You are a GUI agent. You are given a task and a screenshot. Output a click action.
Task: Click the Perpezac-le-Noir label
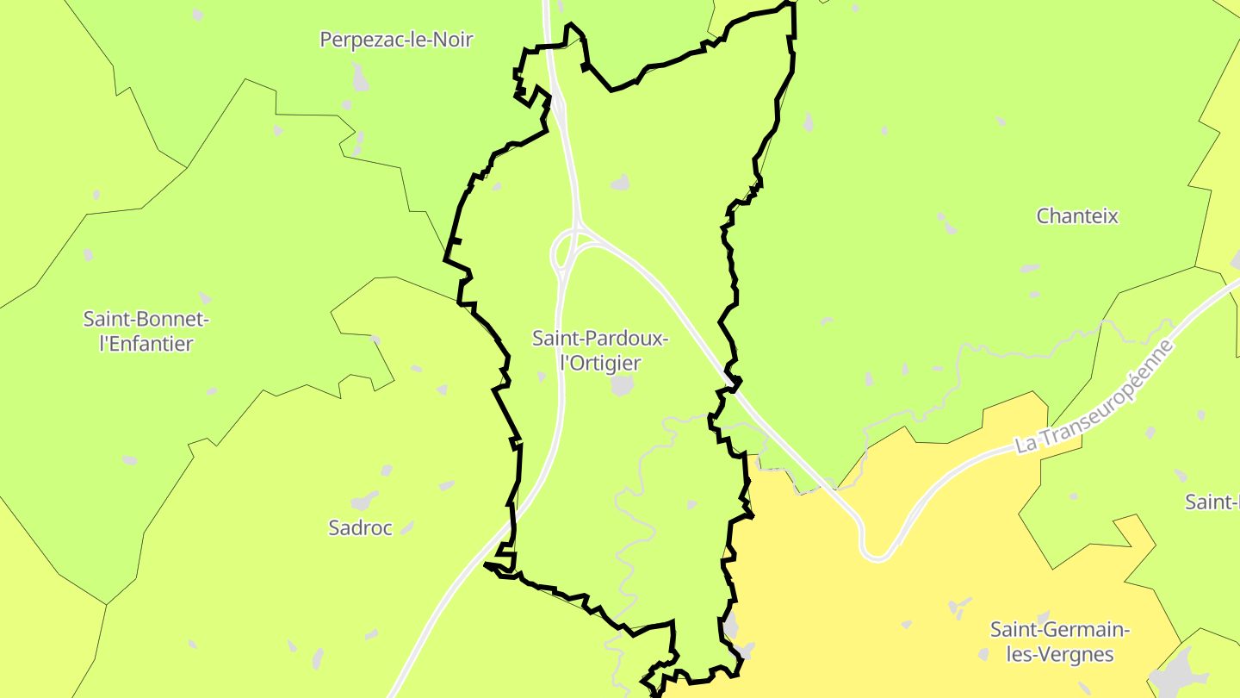point(396,40)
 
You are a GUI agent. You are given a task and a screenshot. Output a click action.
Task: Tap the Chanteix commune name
point(1077,216)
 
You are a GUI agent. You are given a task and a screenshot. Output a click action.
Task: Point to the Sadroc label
point(360,528)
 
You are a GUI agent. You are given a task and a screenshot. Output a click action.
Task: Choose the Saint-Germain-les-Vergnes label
point(1060,642)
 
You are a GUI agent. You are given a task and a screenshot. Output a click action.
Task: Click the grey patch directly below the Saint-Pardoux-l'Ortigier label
point(623,385)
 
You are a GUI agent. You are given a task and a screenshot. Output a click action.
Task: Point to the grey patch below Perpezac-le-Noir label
point(361,78)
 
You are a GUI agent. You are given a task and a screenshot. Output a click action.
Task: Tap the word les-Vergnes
point(1060,655)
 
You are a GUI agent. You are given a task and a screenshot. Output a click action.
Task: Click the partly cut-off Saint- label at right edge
point(1212,502)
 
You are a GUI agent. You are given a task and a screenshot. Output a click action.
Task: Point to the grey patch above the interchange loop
point(620,183)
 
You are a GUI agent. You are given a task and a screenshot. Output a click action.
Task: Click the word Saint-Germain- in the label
point(1060,630)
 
